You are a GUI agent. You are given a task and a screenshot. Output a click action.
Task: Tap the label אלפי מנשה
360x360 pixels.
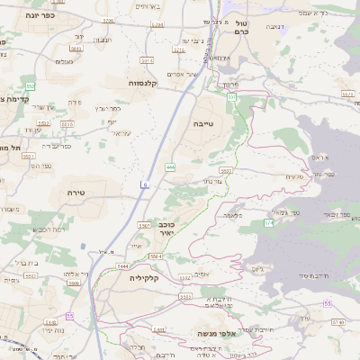pos(212,334)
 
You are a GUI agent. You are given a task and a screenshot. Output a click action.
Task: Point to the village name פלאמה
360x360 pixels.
pos(233,216)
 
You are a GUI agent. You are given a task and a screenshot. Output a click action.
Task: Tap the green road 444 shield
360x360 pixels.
pos(170,167)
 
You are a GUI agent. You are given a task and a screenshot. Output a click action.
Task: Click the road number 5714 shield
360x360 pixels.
pos(147,59)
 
